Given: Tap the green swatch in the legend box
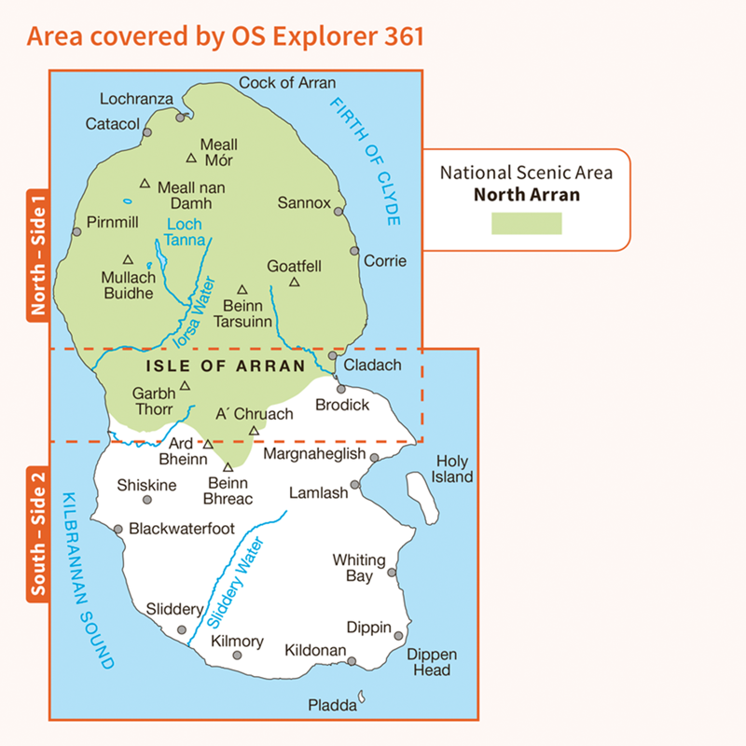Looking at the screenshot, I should pos(527,223).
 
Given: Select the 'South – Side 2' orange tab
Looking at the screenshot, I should pos(38,531).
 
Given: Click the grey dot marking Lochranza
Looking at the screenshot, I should pos(180,117).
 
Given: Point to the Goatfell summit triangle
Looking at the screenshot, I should pos(295,282).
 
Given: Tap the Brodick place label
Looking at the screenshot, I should pos(342,405).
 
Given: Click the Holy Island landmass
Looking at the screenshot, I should pos(421,498).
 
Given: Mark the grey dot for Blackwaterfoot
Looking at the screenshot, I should pos(118,529).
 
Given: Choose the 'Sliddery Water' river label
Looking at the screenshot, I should pos(235,582).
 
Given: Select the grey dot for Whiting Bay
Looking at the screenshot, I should pos(392,573).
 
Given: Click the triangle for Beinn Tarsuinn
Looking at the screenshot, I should pos(242,289).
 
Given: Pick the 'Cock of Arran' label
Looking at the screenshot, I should pos(287,83).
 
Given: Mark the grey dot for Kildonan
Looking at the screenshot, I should pos(352,661).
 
